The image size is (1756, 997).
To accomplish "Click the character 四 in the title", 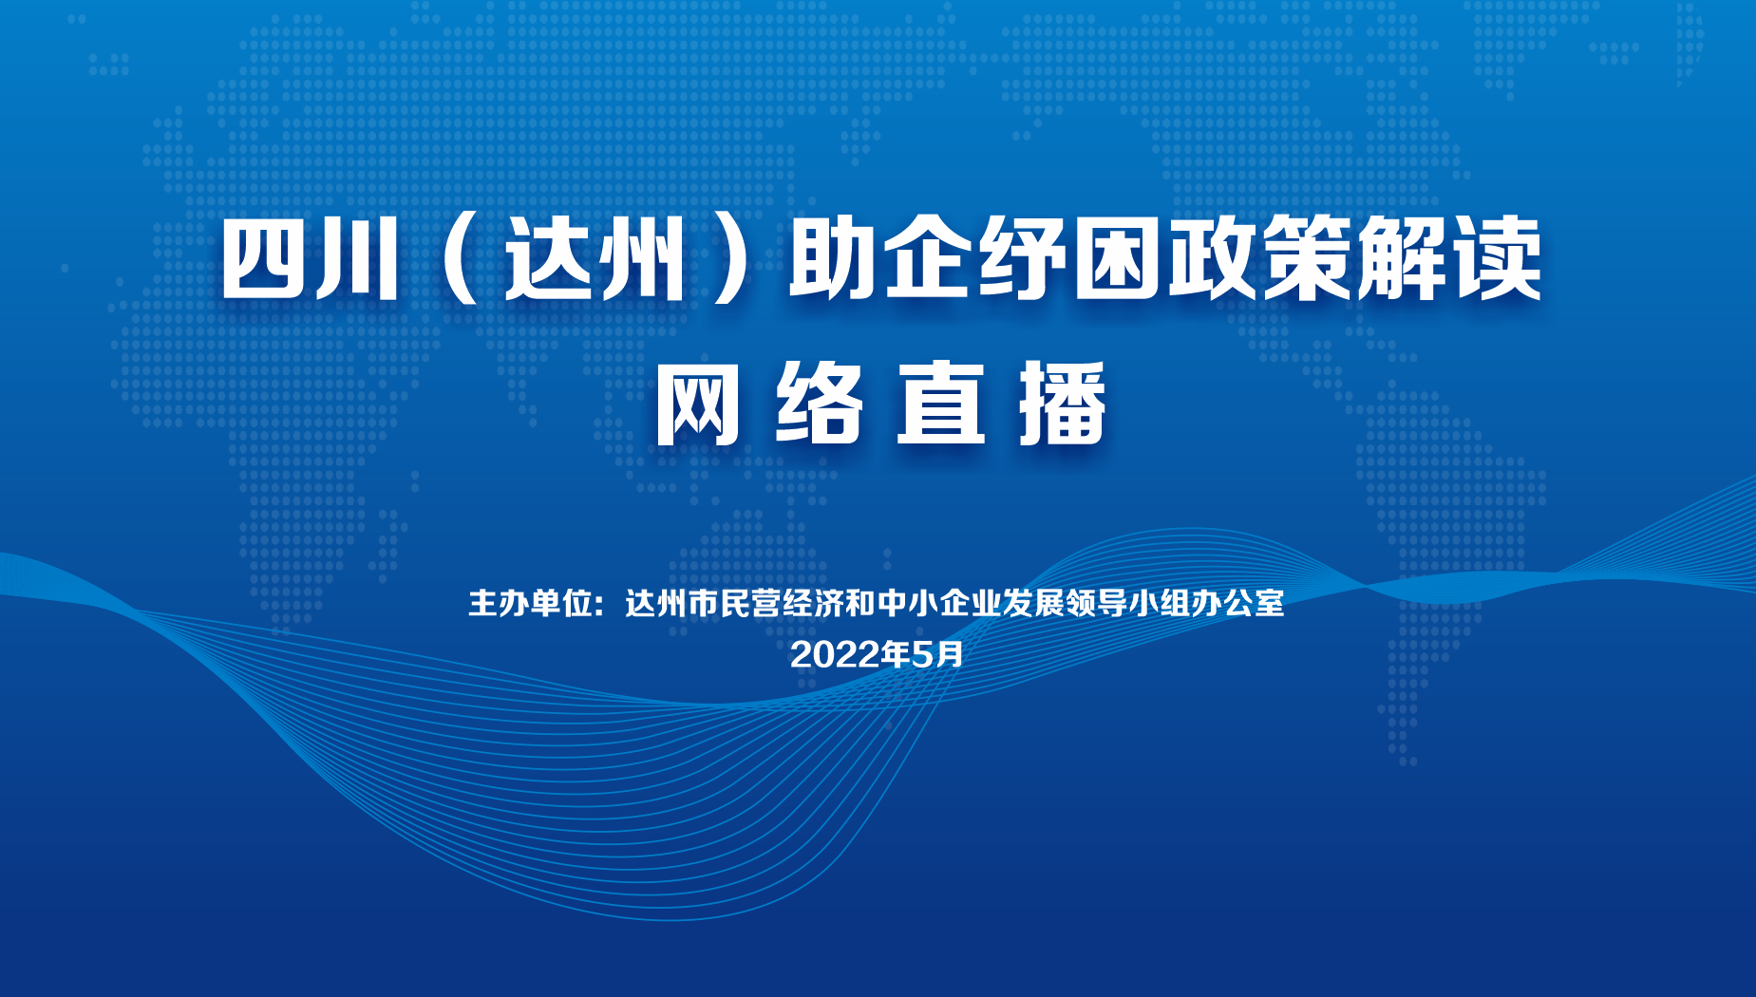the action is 265,259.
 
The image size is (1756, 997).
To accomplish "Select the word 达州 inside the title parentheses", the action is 596,259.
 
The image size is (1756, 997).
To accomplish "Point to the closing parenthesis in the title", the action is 732,259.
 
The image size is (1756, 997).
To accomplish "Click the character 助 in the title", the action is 831,259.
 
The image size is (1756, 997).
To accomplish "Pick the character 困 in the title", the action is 1117,259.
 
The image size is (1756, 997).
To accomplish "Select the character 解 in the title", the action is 1401,259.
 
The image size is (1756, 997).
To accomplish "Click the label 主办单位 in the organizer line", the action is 530,603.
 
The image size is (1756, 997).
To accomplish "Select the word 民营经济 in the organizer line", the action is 782,603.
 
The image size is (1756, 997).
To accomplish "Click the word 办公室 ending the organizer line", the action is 1237,603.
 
